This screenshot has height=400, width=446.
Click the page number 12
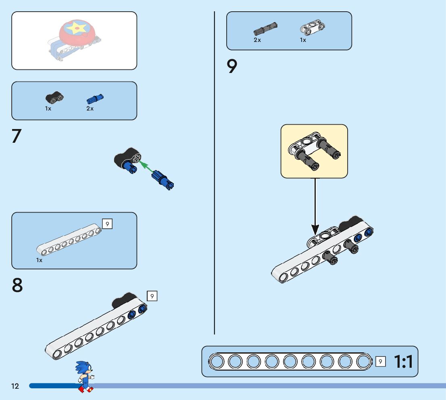[15, 386]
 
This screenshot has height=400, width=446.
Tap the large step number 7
[16, 136]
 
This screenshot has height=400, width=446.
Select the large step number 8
[17, 285]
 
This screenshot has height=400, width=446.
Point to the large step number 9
[232, 67]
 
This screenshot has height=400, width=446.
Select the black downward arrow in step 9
[315, 206]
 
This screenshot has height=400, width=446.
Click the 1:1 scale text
[403, 362]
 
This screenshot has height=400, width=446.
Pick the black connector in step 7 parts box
[54, 98]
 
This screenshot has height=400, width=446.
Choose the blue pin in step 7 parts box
[95, 99]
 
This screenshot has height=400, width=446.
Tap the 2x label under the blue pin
[90, 109]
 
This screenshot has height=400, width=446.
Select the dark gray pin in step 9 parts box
[265, 28]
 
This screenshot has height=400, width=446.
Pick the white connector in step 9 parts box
[313, 28]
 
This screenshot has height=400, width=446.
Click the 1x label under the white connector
[303, 40]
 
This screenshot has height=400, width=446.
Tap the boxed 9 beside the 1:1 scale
[380, 362]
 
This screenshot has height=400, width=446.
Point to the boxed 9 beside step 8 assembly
[152, 296]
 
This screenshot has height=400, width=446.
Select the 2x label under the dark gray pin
[257, 40]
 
